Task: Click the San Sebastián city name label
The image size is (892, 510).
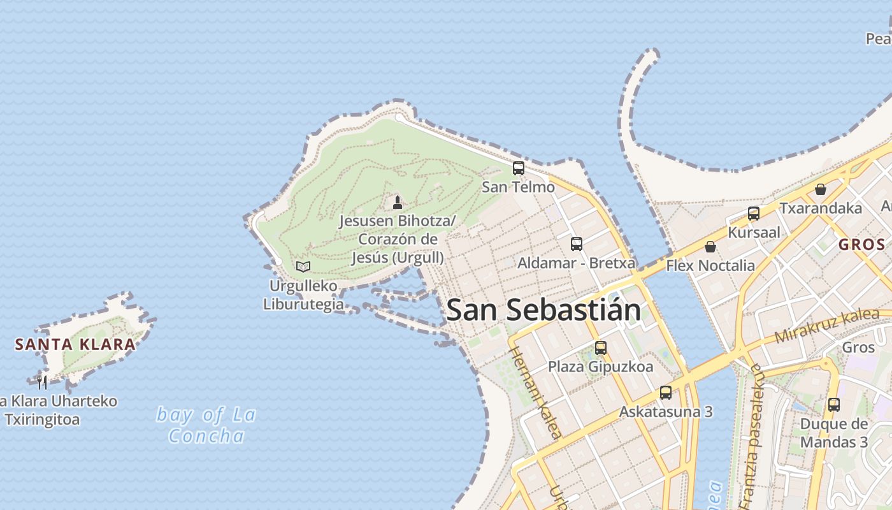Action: (x=543, y=310)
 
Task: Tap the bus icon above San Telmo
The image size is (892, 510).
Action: (x=519, y=168)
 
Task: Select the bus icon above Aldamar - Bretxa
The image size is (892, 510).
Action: (x=577, y=244)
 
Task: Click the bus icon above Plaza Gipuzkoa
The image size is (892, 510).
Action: (x=600, y=347)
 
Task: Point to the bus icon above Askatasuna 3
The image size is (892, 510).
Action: (x=666, y=392)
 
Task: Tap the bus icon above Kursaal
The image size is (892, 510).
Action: (x=754, y=214)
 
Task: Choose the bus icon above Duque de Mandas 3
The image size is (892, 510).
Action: (x=833, y=404)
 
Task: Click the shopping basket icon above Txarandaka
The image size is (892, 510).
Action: (x=821, y=189)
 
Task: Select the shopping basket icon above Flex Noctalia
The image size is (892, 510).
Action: (x=710, y=246)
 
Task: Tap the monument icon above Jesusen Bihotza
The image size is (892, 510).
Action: (x=398, y=203)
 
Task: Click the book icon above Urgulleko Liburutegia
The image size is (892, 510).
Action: (x=303, y=266)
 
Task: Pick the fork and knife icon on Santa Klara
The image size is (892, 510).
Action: (x=42, y=382)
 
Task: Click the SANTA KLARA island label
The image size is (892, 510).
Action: (x=75, y=345)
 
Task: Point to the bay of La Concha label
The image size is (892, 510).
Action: (x=206, y=425)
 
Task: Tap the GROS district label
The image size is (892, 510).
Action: (x=861, y=244)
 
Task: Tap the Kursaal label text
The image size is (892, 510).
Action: (x=754, y=232)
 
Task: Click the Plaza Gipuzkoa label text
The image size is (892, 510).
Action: (x=600, y=367)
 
